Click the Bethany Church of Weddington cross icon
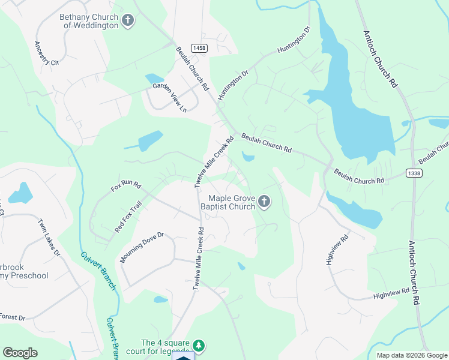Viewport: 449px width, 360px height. click(127, 21)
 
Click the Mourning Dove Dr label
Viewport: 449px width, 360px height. click(142, 247)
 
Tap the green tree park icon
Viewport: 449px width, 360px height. click(199, 346)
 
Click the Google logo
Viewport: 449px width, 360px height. click(20, 353)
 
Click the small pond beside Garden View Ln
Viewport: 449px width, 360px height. click(154, 79)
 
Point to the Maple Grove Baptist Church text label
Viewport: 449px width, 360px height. click(231, 203)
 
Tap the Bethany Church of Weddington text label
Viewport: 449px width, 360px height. click(88, 21)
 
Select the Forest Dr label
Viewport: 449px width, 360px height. click(12, 317)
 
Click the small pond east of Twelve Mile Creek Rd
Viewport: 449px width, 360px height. click(247, 158)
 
